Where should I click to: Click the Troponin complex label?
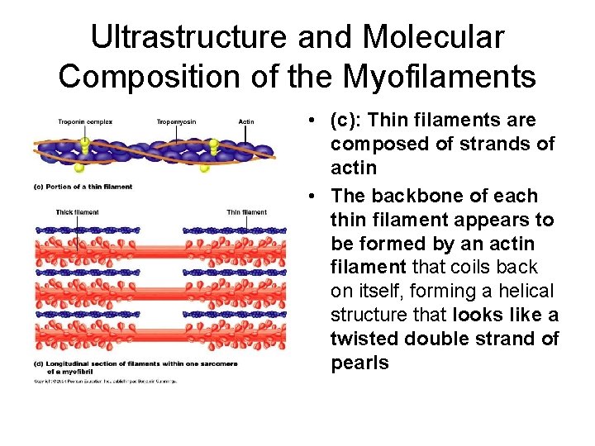[x=85, y=122]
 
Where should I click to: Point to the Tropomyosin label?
[x=177, y=122]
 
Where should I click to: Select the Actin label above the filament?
[x=246, y=122]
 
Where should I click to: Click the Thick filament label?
[x=78, y=212]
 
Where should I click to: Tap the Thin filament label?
[x=247, y=212]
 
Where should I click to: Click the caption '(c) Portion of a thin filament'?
[x=83, y=187]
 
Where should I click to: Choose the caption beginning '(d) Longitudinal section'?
[x=136, y=363]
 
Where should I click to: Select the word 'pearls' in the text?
[x=359, y=363]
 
